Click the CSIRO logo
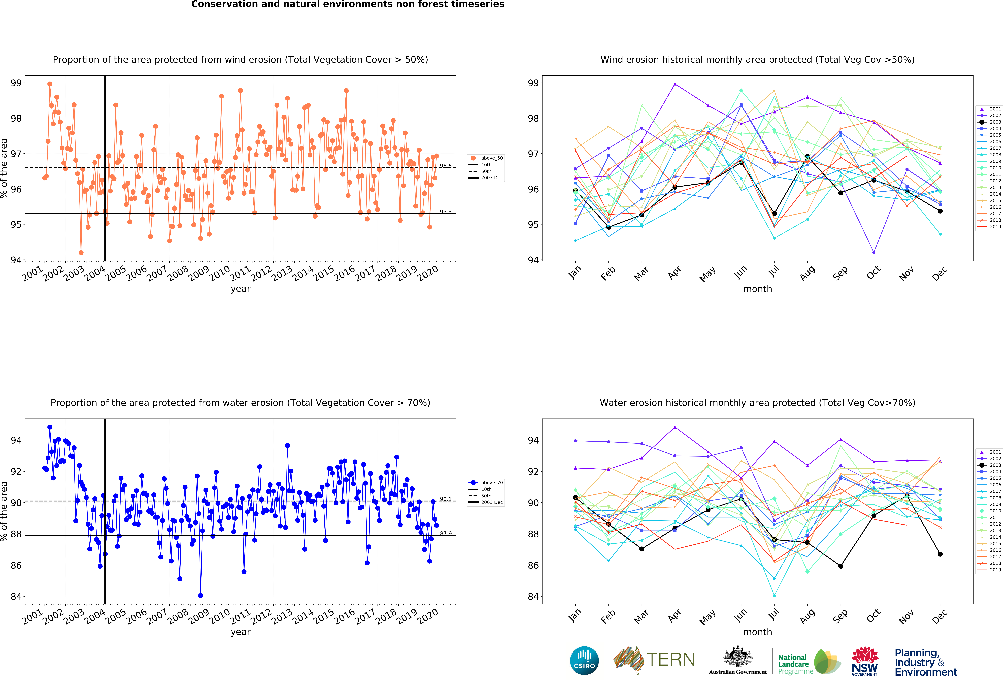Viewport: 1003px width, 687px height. (x=584, y=660)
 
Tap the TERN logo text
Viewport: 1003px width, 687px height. (x=671, y=659)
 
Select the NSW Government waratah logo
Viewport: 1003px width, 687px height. (x=864, y=660)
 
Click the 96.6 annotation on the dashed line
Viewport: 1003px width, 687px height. (x=445, y=166)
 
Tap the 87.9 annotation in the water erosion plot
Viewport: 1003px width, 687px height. (x=445, y=534)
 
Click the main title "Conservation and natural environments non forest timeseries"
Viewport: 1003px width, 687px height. (x=348, y=4)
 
